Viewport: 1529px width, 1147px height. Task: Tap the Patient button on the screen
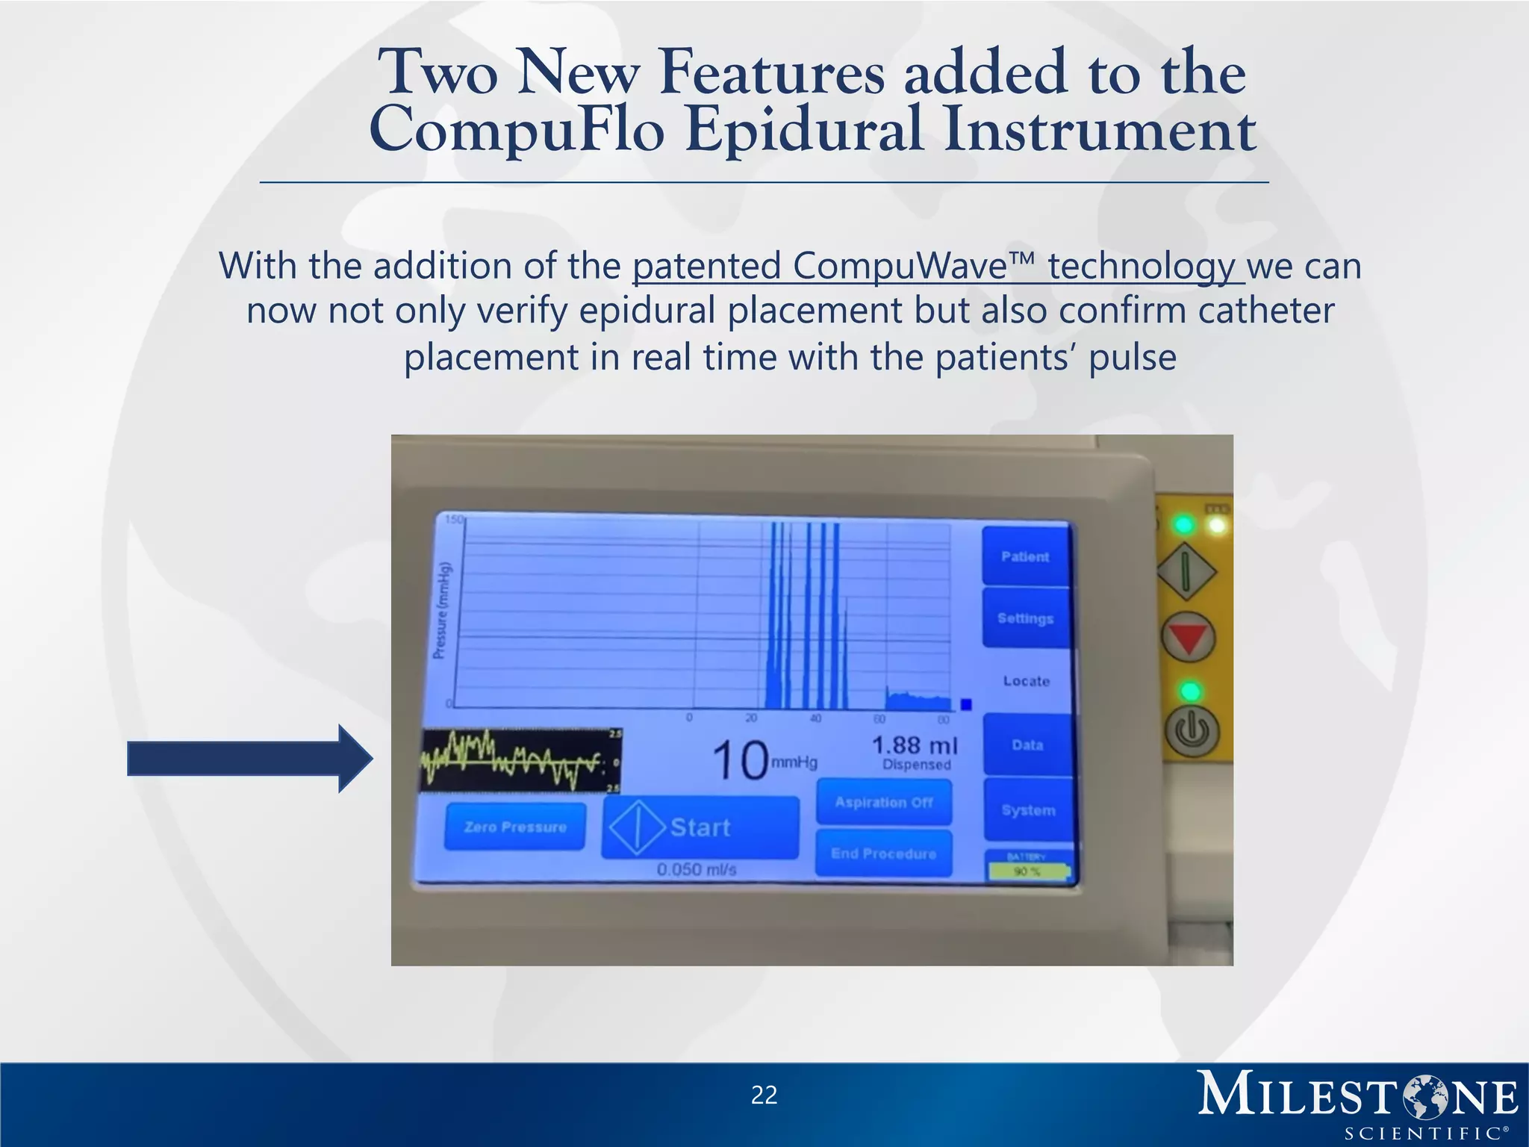1025,556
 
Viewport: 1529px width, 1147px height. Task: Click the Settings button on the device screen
1025,618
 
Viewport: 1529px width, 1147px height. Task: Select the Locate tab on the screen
1027,680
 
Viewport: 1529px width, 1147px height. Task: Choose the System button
1028,810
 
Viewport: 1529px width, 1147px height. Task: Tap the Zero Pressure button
515,827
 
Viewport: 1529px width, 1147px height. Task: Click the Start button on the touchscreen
700,827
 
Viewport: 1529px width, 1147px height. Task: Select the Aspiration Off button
884,802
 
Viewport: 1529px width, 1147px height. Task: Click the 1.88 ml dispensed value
915,751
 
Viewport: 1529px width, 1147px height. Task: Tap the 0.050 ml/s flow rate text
697,870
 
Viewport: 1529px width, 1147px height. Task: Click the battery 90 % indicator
1028,870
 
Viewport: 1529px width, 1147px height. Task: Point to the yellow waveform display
520,760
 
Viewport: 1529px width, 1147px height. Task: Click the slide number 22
764,1095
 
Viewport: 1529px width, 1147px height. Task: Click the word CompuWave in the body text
900,266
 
